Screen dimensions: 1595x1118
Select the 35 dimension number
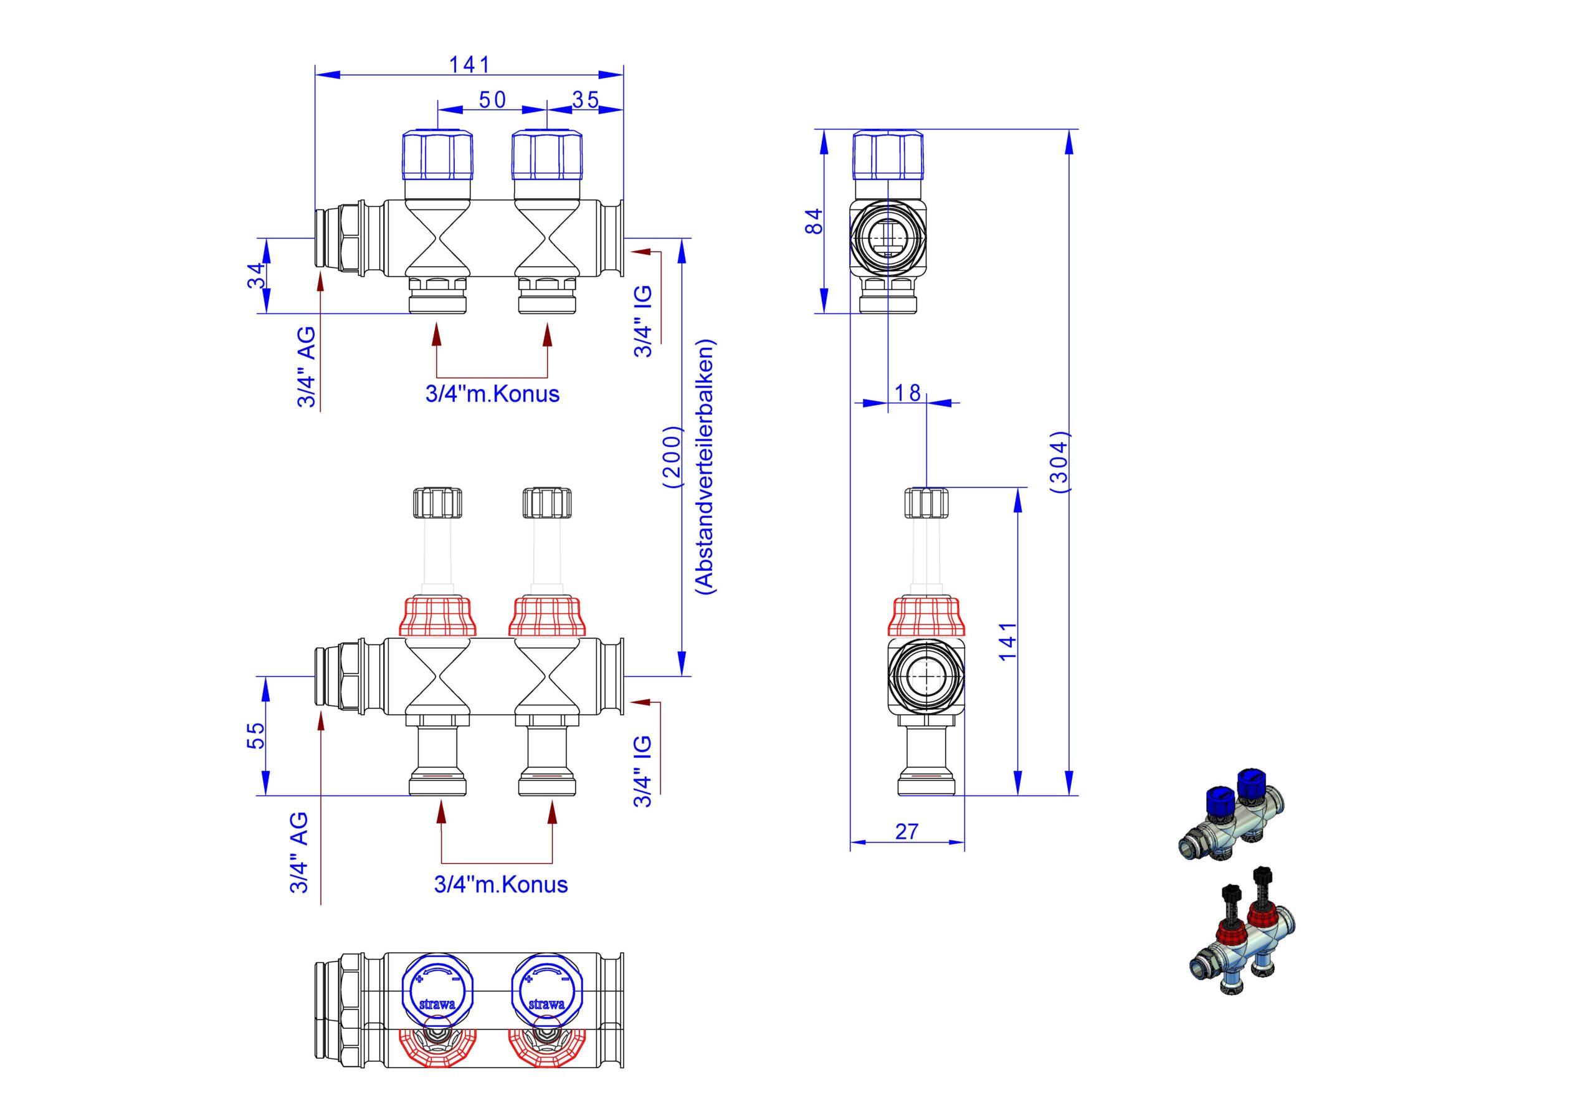(585, 100)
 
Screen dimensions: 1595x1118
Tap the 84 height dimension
(814, 221)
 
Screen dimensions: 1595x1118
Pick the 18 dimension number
(907, 393)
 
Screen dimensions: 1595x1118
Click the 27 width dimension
(907, 832)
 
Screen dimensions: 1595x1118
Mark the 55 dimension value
(256, 735)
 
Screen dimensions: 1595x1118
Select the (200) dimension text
(673, 457)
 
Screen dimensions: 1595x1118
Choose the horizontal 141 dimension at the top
(470, 65)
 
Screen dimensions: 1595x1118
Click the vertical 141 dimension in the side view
(1008, 641)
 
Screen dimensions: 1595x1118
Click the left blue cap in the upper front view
(439, 155)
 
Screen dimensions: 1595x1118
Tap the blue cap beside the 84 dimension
(888, 155)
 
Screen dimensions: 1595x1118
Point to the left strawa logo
(437, 1004)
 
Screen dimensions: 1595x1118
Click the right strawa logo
(546, 1004)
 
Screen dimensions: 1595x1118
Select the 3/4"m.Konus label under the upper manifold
(493, 394)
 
